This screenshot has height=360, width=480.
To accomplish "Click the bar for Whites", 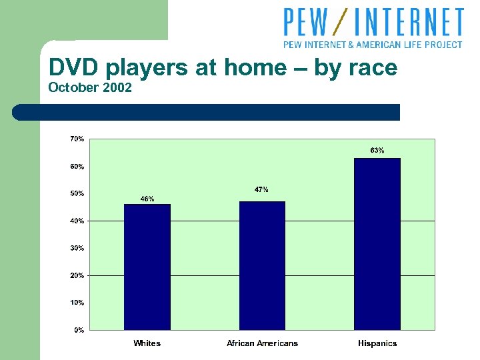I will click(147, 267).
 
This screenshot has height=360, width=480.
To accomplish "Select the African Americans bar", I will click(262, 265).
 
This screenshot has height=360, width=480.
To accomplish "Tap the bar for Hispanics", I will click(377, 244).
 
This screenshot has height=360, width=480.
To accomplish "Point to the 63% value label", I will click(377, 151).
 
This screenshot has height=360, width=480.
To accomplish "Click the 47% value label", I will click(262, 190).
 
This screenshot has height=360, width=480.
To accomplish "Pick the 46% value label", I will click(147, 199).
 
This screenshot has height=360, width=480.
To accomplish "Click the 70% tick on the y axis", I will click(77, 139).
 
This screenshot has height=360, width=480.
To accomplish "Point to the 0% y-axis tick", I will click(79, 330).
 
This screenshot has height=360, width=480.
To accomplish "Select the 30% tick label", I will click(77, 248).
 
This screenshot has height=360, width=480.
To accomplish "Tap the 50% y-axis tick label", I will click(77, 193).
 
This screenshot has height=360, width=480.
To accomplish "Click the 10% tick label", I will click(77, 303).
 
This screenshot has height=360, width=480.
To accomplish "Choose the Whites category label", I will click(147, 343).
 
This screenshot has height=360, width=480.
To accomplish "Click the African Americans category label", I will click(262, 343).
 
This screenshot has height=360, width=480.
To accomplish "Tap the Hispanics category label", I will click(377, 343).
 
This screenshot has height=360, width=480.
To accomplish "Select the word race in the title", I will click(371, 67).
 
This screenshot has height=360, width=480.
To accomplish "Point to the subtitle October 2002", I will click(90, 87).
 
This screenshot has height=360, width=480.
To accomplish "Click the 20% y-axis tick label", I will click(77, 275).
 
